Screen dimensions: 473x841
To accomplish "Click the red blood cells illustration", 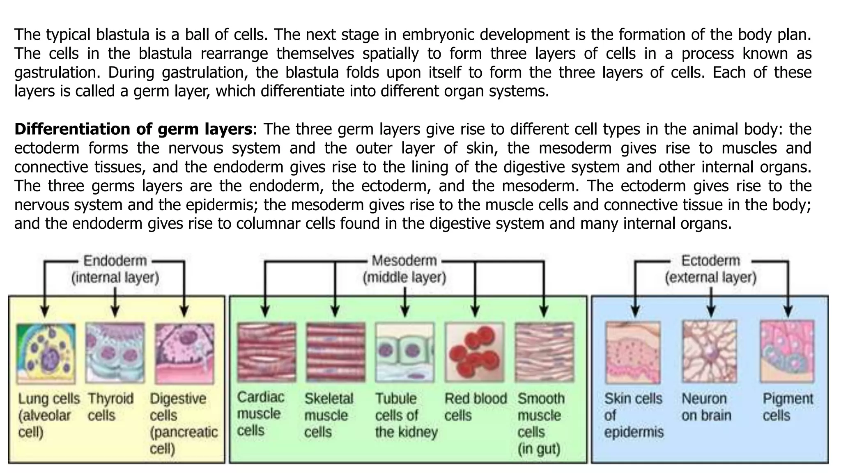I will [x=474, y=352].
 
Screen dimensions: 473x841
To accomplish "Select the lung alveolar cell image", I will [x=46, y=353].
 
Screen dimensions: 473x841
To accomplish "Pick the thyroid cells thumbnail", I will [x=115, y=353].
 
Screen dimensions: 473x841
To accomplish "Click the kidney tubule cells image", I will [x=404, y=352].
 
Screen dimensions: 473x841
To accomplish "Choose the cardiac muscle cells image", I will [x=267, y=352].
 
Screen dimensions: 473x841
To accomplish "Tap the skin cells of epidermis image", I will [x=633, y=352].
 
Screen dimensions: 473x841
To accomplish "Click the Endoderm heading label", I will [x=115, y=261].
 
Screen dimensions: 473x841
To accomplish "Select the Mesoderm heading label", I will [x=404, y=261].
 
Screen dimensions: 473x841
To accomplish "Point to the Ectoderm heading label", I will [x=710, y=261].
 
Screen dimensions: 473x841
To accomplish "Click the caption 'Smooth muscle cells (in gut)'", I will [x=541, y=424].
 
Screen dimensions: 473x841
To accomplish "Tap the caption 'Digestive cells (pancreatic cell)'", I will [x=183, y=424].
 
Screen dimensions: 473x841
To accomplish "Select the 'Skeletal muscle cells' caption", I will [x=329, y=416].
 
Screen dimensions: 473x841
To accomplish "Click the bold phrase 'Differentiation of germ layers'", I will [x=133, y=129].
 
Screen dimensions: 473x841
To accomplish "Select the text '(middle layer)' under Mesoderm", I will [x=404, y=278].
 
